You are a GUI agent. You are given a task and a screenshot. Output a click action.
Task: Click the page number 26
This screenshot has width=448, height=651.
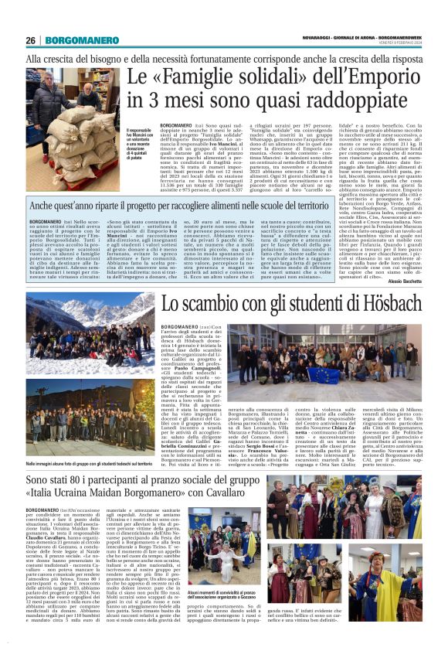point(31,40)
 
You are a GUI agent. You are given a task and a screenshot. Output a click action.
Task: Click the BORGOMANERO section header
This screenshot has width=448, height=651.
point(76,40)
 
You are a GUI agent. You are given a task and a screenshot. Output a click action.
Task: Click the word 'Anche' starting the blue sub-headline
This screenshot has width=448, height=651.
point(44,206)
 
